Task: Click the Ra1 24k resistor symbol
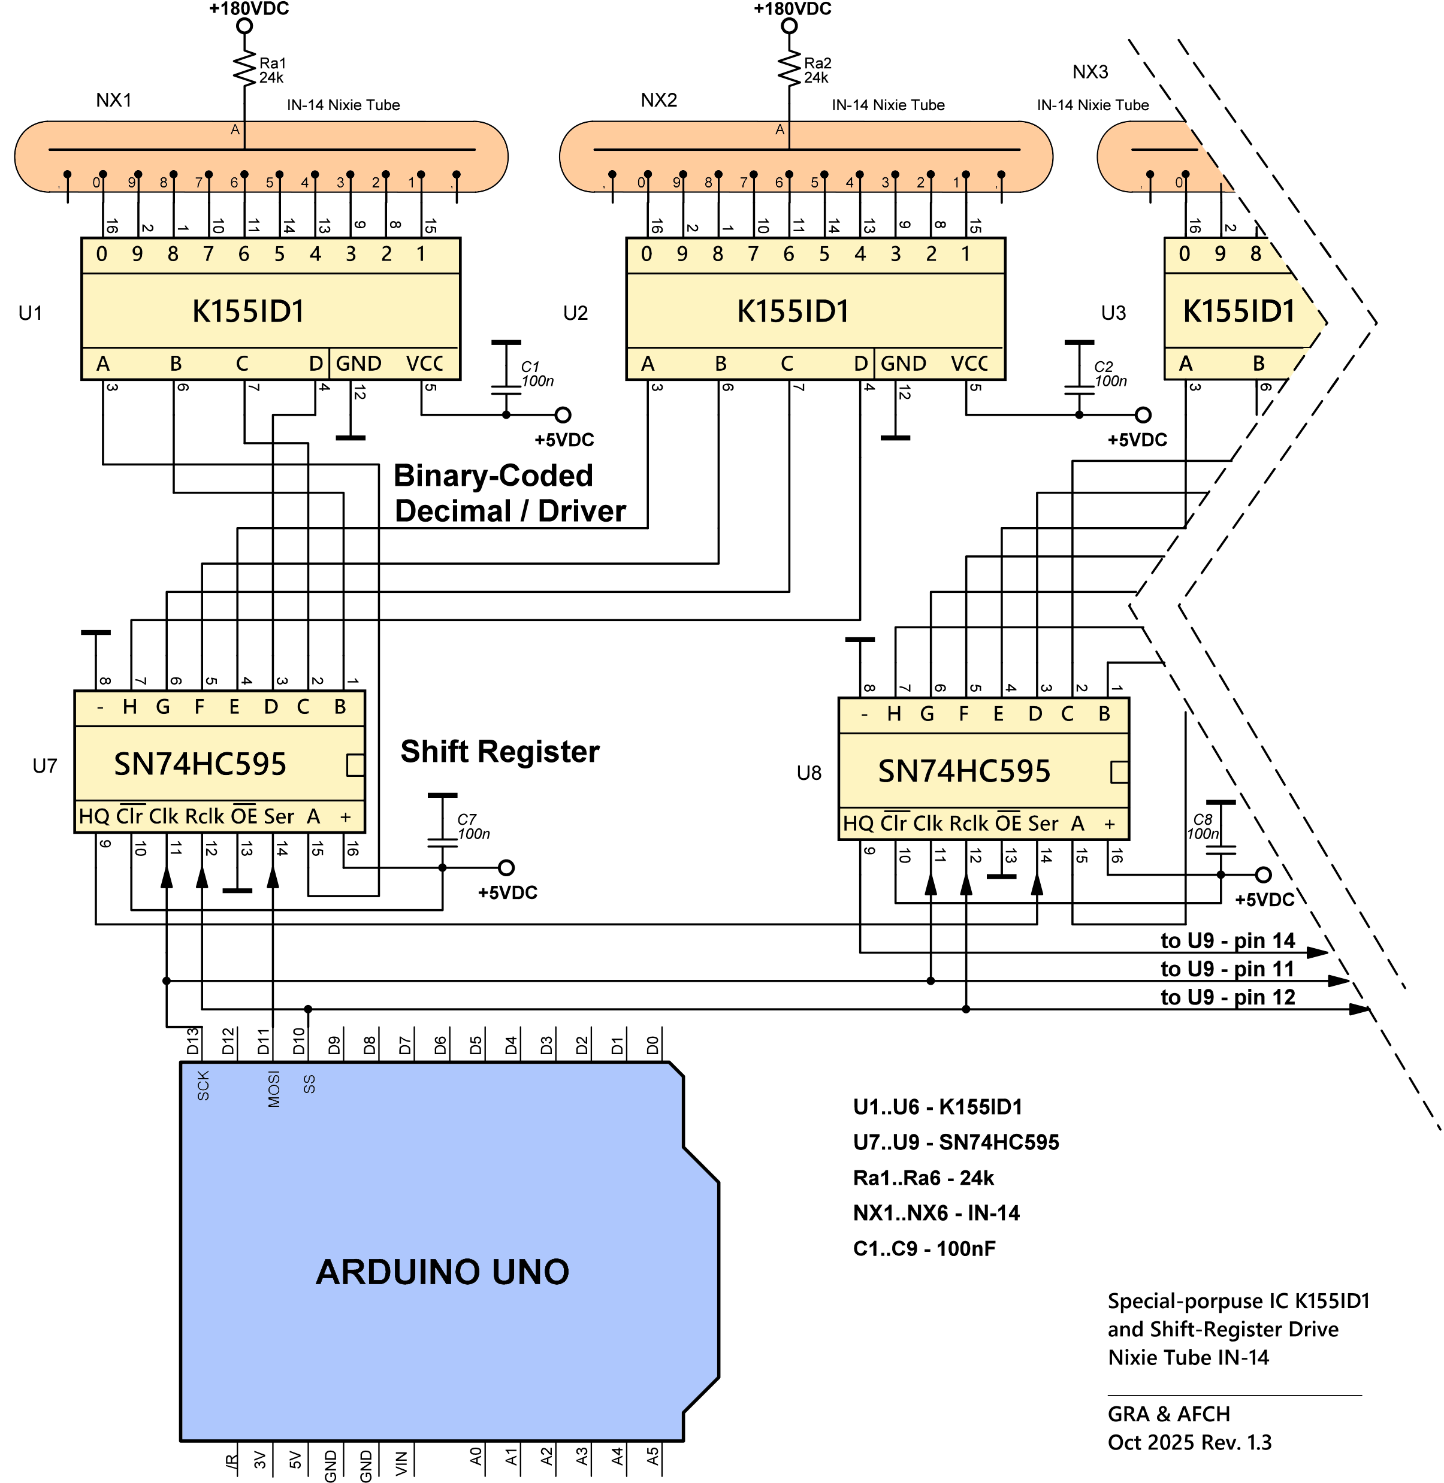(x=244, y=68)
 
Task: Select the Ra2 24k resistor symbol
(x=790, y=68)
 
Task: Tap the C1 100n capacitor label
(x=537, y=374)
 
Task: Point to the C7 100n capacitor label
(x=473, y=827)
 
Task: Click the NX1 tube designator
(x=114, y=100)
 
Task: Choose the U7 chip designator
(x=45, y=766)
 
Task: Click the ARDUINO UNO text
(x=442, y=1272)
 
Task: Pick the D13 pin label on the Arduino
(x=193, y=1041)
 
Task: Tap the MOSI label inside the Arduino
(x=274, y=1089)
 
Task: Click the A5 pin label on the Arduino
(x=653, y=1457)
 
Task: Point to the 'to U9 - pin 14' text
(x=1227, y=941)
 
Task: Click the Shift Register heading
(x=500, y=751)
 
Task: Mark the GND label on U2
(x=904, y=364)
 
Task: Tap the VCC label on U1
(x=425, y=364)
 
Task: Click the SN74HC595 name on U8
(x=964, y=771)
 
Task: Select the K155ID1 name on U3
(x=1238, y=311)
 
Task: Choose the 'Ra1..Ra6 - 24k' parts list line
(x=923, y=1178)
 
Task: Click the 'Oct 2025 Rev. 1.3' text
(x=1189, y=1442)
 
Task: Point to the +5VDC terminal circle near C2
(x=1143, y=414)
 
